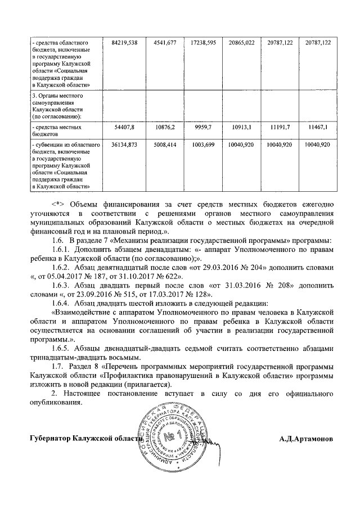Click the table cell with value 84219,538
tap(122, 43)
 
